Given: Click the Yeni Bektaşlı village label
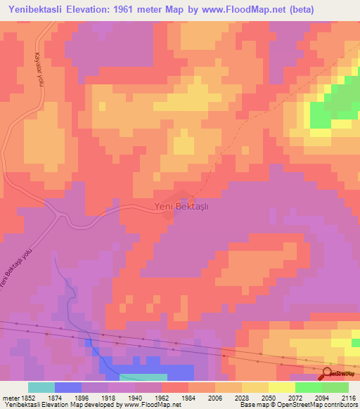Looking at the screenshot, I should (x=181, y=207).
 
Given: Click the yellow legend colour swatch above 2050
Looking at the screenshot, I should (x=281, y=387).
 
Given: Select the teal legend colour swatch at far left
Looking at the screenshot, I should (x=41, y=387).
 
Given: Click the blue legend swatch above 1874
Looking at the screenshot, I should (x=67, y=387).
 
